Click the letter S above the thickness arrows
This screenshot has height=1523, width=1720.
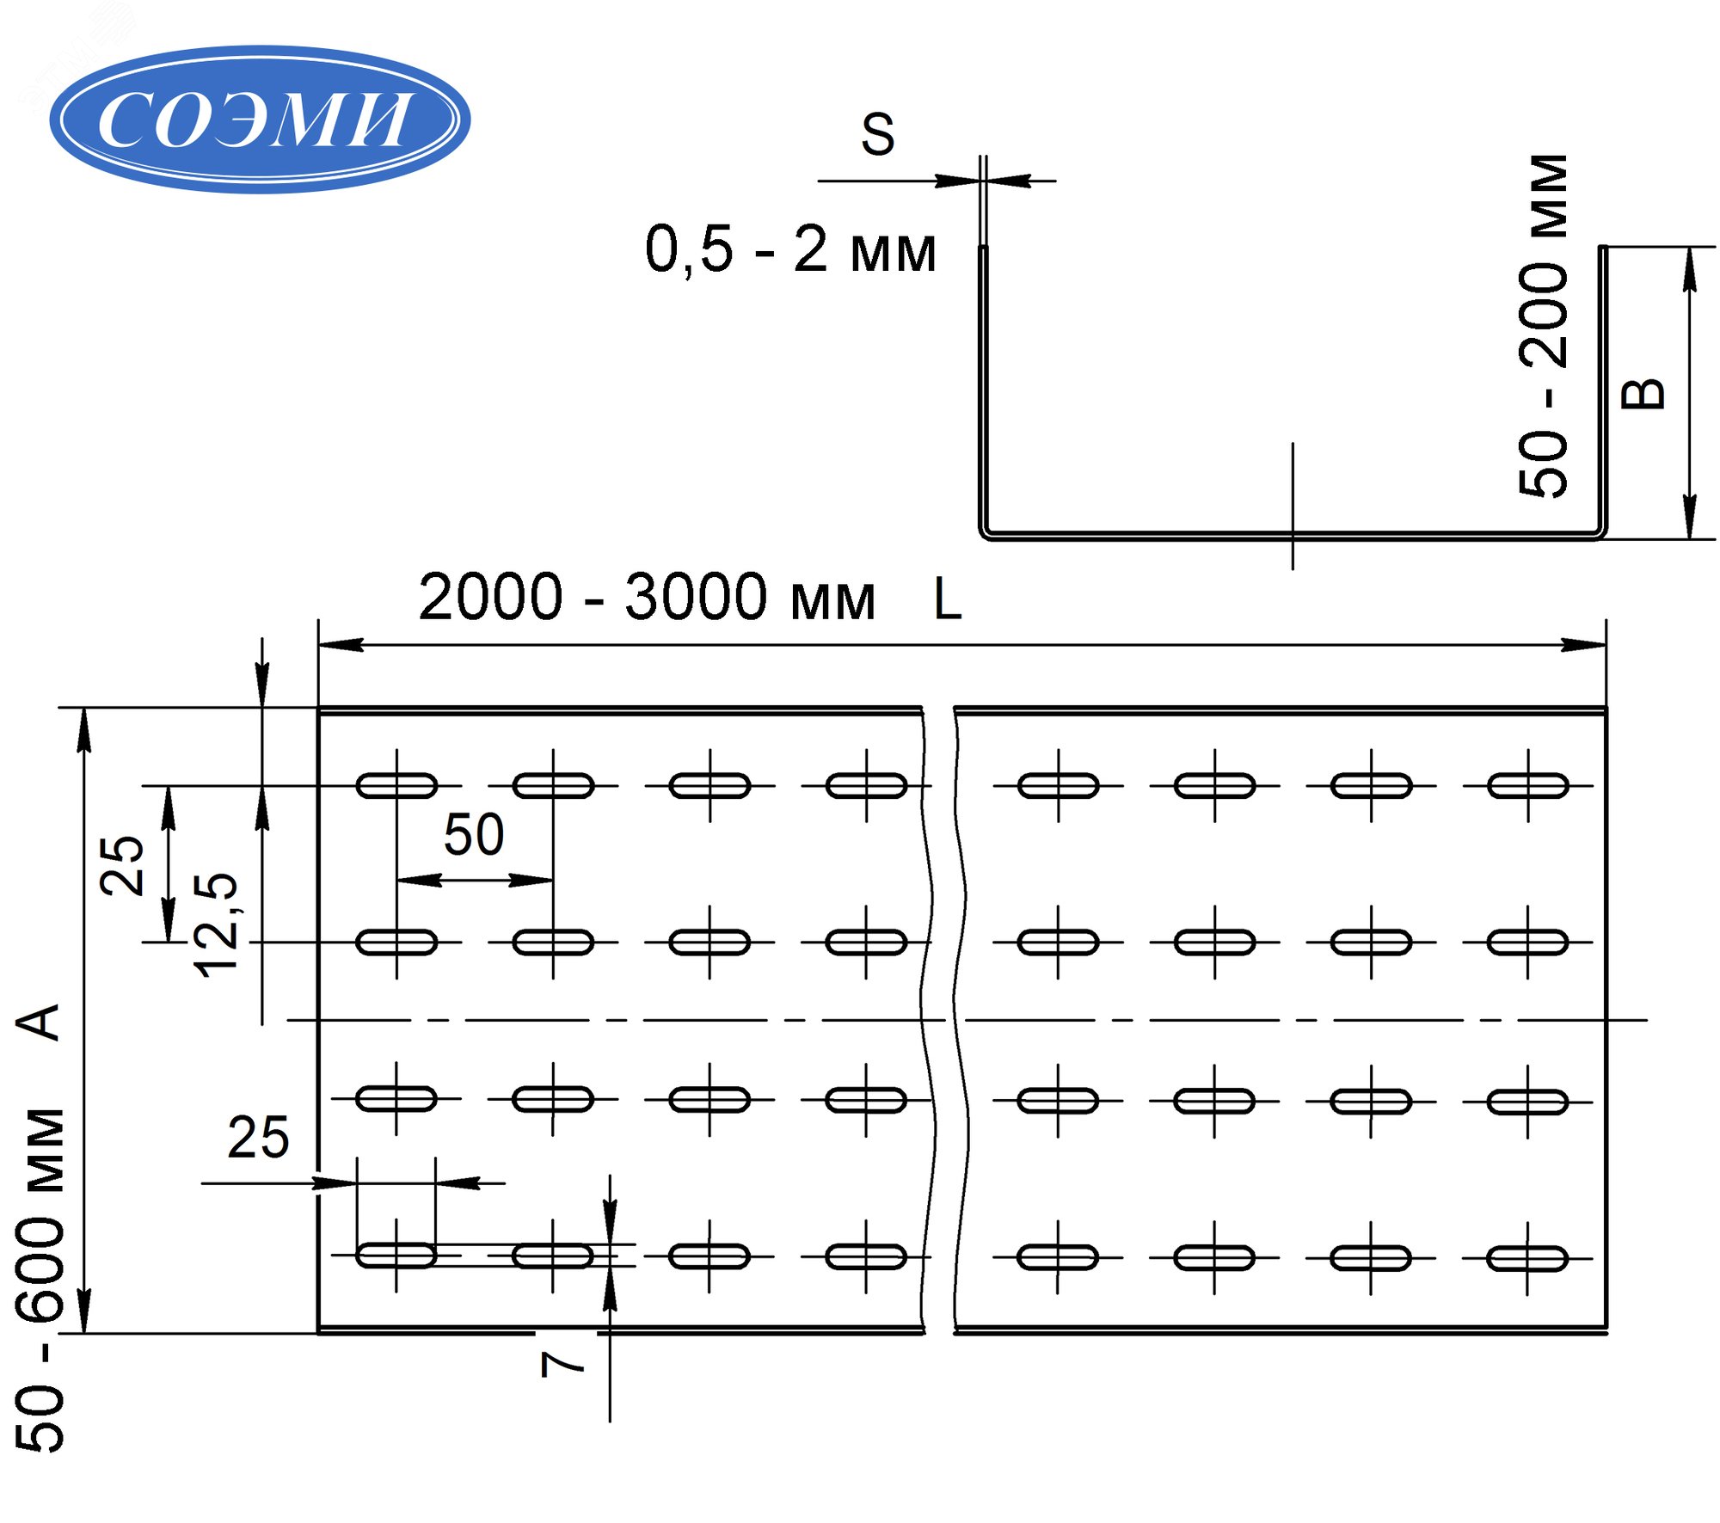pos(877,135)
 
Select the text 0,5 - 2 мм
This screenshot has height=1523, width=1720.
pos(789,250)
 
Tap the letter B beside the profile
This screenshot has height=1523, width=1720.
pos(1642,394)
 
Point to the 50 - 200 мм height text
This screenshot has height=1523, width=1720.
pos(1545,326)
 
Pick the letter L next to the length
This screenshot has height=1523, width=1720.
pos(947,599)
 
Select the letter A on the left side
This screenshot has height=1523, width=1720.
pos(39,1022)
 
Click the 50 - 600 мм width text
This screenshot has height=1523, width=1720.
pos(41,1280)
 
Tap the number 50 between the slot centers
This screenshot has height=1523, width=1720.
pos(474,834)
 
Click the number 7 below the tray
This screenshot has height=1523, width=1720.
pos(562,1364)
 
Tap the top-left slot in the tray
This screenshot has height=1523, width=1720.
pos(396,785)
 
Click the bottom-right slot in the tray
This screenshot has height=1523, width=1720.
pos(1527,1258)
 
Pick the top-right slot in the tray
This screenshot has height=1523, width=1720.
pos(1527,785)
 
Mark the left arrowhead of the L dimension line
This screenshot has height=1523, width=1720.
pos(341,644)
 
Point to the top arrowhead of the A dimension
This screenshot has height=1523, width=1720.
pos(83,731)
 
